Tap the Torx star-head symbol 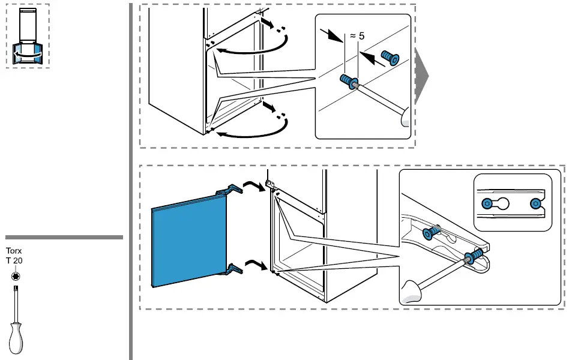click(14, 276)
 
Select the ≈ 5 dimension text click(357, 36)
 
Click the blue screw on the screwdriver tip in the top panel click(349, 81)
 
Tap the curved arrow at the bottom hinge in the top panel click(252, 132)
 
